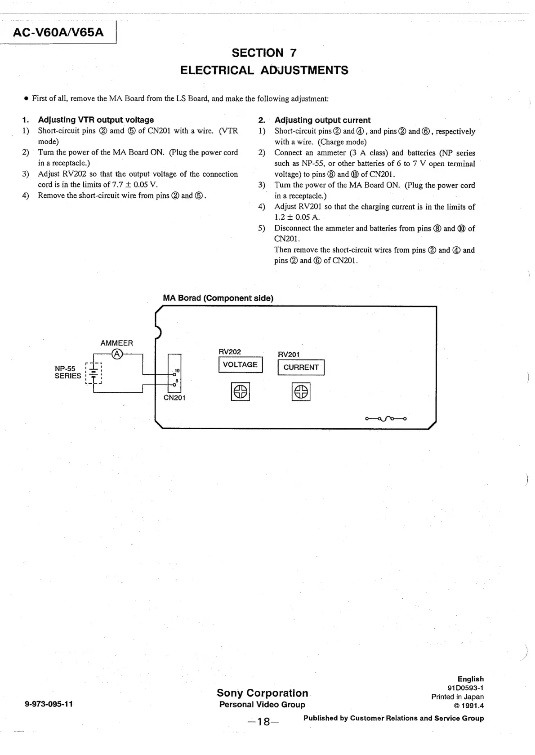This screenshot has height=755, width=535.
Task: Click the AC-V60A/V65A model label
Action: (58, 32)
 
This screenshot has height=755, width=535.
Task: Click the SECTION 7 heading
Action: (264, 53)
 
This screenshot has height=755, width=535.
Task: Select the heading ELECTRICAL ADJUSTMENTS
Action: (264, 71)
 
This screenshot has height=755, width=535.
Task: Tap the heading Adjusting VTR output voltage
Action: (96, 120)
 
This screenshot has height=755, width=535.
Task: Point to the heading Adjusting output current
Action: (322, 120)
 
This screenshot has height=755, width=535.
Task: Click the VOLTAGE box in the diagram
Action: (241, 364)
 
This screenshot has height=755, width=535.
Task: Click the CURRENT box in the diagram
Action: (301, 367)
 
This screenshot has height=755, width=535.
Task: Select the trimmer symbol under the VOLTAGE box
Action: (241, 392)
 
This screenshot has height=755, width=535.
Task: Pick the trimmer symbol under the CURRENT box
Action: (301, 392)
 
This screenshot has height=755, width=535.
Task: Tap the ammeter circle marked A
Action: (117, 354)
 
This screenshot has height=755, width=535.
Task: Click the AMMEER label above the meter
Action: (116, 343)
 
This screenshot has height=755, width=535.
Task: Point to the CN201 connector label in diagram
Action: (174, 398)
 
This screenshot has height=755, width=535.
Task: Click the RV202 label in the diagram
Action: (230, 352)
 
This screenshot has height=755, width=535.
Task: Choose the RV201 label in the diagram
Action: (289, 355)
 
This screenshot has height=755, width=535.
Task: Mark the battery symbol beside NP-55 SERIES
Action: (94, 373)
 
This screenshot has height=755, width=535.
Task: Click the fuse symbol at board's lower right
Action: (386, 419)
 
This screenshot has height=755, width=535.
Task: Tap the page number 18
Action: (263, 722)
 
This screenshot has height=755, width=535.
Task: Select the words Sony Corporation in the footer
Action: (263, 693)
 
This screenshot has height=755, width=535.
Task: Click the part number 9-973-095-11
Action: (49, 704)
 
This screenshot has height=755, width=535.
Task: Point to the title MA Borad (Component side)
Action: (218, 298)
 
